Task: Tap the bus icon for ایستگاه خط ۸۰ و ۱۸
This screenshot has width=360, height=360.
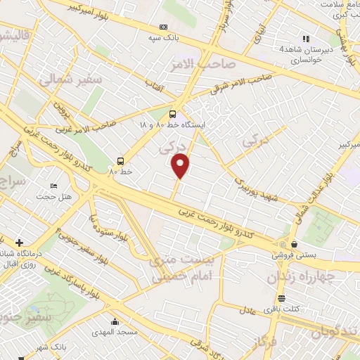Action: click(174, 113)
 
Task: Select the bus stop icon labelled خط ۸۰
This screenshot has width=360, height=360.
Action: click(121, 160)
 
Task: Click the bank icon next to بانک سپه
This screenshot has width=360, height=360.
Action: click(164, 27)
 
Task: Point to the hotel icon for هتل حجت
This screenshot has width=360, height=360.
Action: click(53, 186)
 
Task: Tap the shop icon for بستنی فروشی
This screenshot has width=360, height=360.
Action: click(283, 245)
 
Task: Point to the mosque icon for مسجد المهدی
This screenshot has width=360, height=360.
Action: click(115, 322)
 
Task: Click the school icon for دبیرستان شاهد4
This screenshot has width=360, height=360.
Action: click(305, 39)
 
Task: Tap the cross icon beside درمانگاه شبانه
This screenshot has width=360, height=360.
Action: click(18, 243)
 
